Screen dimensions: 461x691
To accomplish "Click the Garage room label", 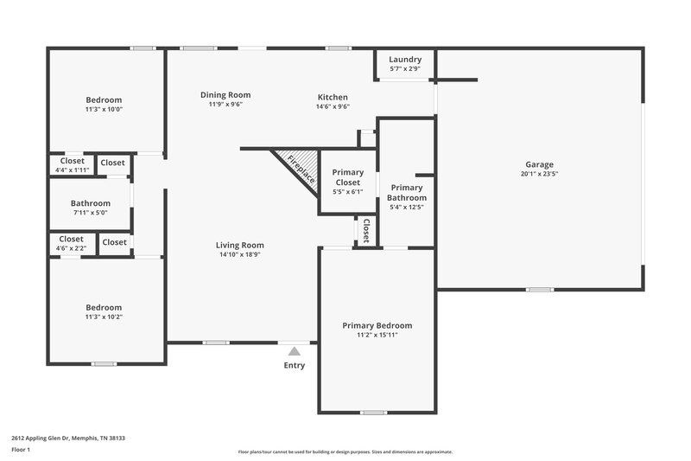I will pyautogui.click(x=539, y=164).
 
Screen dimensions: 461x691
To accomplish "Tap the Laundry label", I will pyautogui.click(x=405, y=59).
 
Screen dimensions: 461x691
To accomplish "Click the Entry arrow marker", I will pyautogui.click(x=295, y=351).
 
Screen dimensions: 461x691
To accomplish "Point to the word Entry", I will pyautogui.click(x=295, y=365).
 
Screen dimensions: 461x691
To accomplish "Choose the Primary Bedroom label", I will pyautogui.click(x=377, y=325).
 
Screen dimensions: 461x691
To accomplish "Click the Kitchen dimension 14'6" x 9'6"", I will pyautogui.click(x=333, y=107).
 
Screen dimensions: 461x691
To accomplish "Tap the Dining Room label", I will pyautogui.click(x=225, y=94).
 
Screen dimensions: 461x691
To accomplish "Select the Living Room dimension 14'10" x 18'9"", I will pyautogui.click(x=240, y=255).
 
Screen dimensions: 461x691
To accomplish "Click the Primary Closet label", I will pyautogui.click(x=347, y=177).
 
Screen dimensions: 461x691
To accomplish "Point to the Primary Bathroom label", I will pyautogui.click(x=407, y=193).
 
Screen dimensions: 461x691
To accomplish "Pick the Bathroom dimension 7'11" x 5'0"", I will pyautogui.click(x=91, y=214).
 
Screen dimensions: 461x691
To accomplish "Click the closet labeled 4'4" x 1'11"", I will pyautogui.click(x=73, y=170).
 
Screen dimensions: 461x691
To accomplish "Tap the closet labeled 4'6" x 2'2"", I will pyautogui.click(x=72, y=248).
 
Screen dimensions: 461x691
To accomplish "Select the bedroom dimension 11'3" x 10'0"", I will pyautogui.click(x=104, y=110).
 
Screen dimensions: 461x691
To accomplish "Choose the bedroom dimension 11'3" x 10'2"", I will pyautogui.click(x=104, y=317).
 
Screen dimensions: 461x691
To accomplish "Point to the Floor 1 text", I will pyautogui.click(x=21, y=451).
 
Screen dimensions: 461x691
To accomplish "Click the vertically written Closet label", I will pyautogui.click(x=366, y=230).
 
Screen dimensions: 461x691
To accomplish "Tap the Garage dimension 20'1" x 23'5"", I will pyautogui.click(x=539, y=174).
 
